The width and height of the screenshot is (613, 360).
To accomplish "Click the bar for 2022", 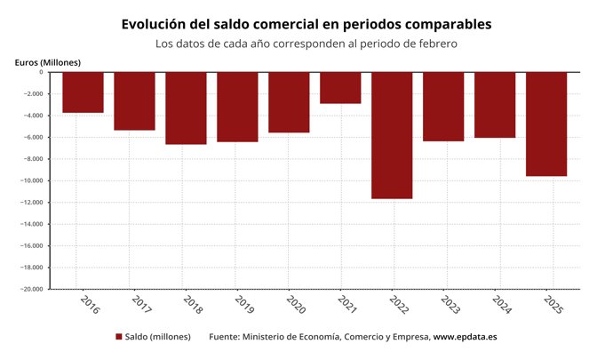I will point(392,135).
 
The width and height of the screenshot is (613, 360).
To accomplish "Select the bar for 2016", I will point(83,92).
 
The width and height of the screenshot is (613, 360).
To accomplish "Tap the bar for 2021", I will point(340,88).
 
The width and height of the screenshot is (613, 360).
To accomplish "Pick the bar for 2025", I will point(546,124).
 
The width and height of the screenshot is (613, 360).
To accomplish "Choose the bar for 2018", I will point(186,108).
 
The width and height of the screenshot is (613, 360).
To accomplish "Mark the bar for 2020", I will point(289,102).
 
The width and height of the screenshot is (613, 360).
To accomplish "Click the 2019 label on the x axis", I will point(243,304).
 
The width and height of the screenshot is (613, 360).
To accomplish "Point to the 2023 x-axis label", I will point(450,304).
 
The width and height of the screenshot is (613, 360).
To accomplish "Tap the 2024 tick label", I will point(501,304).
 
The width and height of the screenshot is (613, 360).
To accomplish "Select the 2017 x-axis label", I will point(140,304).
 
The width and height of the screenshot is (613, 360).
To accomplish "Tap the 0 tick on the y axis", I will point(41,72).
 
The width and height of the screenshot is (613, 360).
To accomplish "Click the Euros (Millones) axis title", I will point(48,61).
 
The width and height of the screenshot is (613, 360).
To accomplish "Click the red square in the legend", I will point(119,337).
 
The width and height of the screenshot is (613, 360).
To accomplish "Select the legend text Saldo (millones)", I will point(157,337).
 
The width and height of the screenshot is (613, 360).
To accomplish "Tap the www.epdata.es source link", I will point(465,337).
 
